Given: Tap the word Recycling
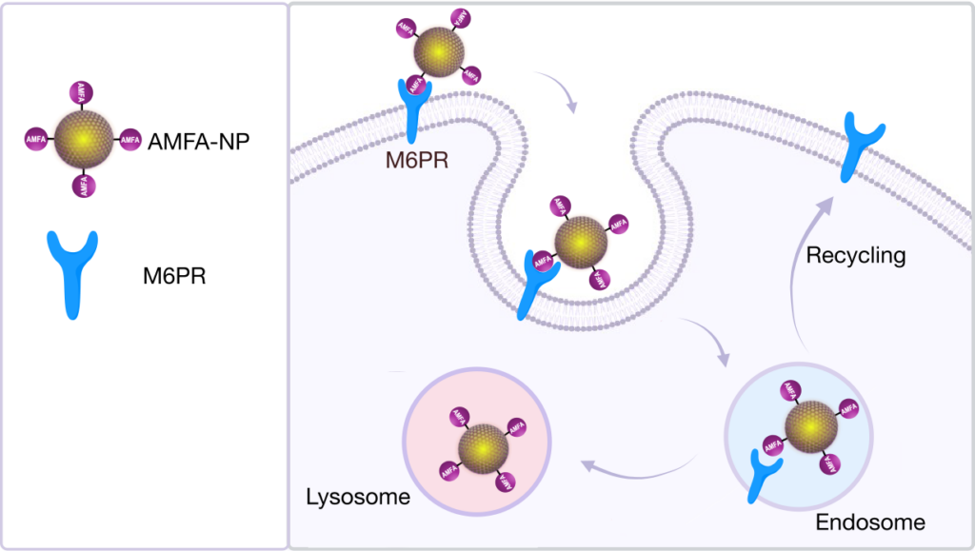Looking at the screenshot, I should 855,256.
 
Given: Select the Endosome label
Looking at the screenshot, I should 870,522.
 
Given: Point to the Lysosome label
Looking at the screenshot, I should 357,497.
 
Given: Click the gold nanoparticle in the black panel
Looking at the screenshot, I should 84,139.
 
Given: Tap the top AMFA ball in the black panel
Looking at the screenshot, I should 83,93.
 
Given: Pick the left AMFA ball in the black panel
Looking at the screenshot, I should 36,140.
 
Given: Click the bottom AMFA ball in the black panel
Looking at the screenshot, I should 85,185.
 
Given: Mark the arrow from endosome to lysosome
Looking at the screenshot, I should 636,465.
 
